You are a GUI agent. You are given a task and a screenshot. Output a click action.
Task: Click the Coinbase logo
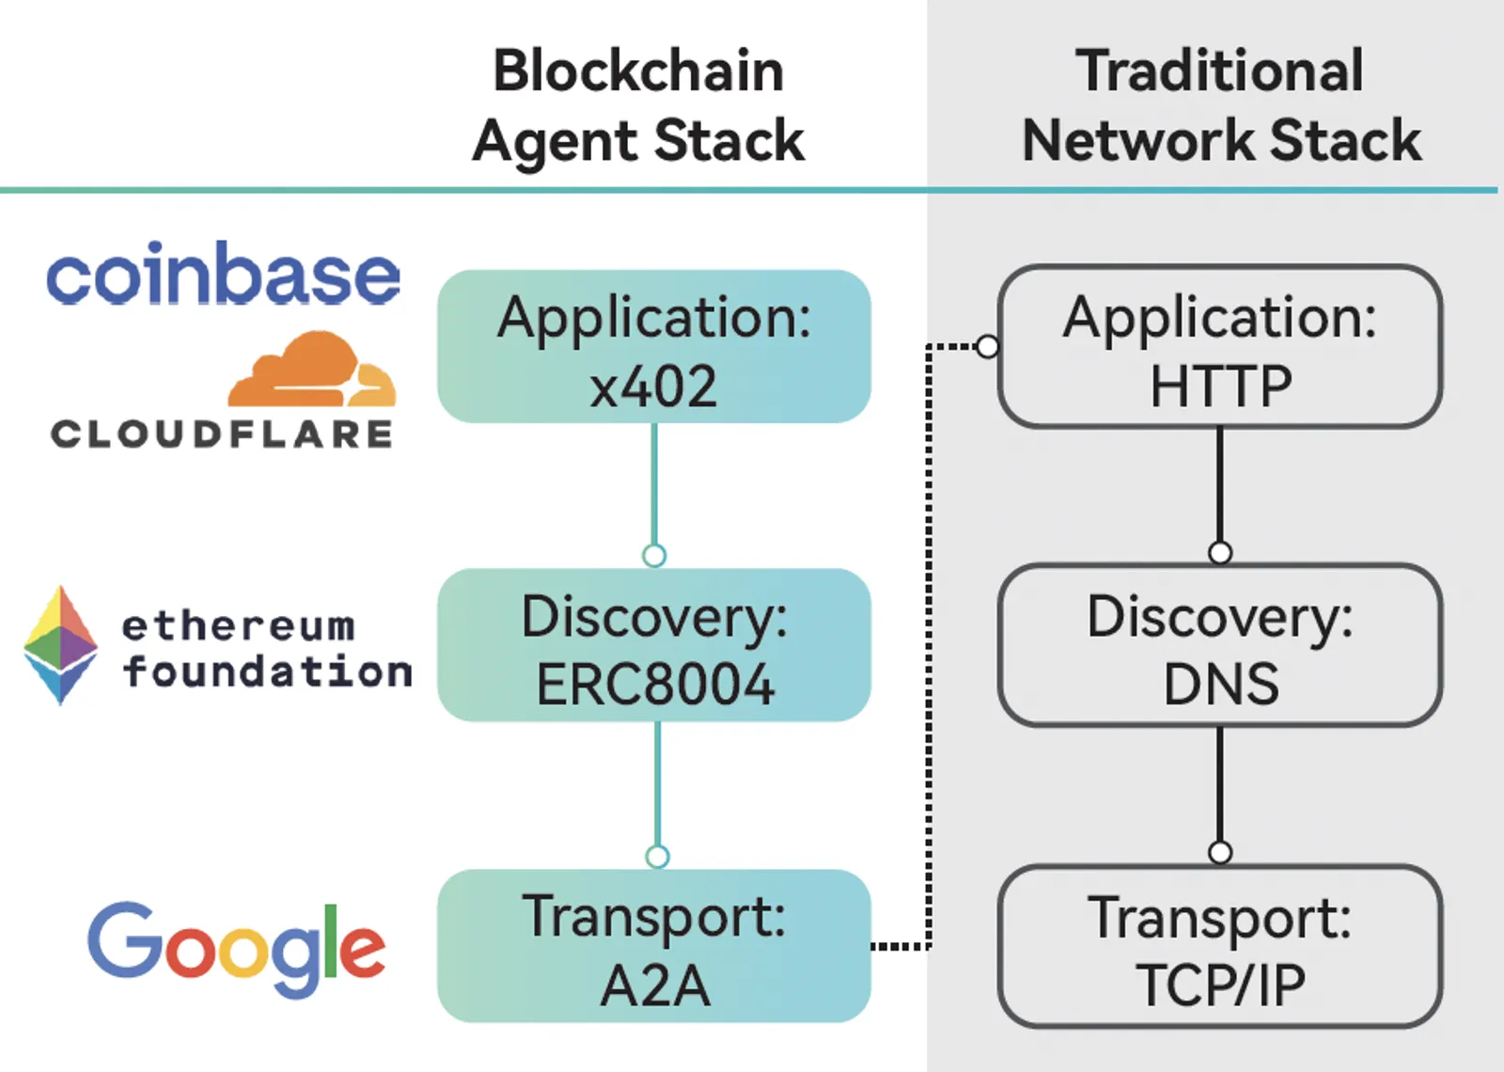pyautogui.click(x=223, y=274)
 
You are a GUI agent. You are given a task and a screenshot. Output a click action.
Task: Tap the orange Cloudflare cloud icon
pyautogui.click(x=312, y=369)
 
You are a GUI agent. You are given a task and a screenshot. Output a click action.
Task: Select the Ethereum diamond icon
pyautogui.click(x=60, y=645)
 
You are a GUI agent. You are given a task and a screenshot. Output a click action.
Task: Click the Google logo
pyautogui.click(x=236, y=949)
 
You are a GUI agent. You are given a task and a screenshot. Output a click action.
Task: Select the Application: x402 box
pyautogui.click(x=654, y=347)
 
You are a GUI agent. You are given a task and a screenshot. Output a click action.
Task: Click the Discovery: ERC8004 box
pyautogui.click(x=654, y=645)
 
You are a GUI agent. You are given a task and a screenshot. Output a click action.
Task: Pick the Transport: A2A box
pyautogui.click(x=654, y=946)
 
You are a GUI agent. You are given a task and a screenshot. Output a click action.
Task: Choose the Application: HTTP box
pyautogui.click(x=1220, y=347)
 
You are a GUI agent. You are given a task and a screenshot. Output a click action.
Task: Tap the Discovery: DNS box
pyautogui.click(x=1220, y=645)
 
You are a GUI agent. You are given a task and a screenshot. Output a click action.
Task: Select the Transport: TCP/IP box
pyautogui.click(x=1220, y=946)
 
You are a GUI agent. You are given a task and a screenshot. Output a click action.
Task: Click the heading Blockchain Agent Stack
pyautogui.click(x=638, y=105)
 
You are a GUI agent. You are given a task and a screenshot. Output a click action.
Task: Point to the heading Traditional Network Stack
pyautogui.click(x=1221, y=105)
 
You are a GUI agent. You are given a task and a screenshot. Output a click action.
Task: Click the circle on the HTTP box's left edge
pyautogui.click(x=988, y=347)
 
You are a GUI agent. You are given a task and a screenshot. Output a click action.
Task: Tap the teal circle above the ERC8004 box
pyautogui.click(x=654, y=556)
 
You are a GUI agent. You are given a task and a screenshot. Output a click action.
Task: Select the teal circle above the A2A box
pyautogui.click(x=657, y=857)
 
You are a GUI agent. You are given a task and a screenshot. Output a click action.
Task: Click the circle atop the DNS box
pyautogui.click(x=1220, y=553)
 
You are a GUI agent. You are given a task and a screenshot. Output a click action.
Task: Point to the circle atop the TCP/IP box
pyautogui.click(x=1220, y=852)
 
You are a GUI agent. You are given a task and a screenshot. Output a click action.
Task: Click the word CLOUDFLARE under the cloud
pyautogui.click(x=222, y=434)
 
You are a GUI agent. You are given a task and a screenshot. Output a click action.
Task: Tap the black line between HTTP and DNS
pyautogui.click(x=1220, y=485)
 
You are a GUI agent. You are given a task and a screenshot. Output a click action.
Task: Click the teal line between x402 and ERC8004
pyautogui.click(x=654, y=483)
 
